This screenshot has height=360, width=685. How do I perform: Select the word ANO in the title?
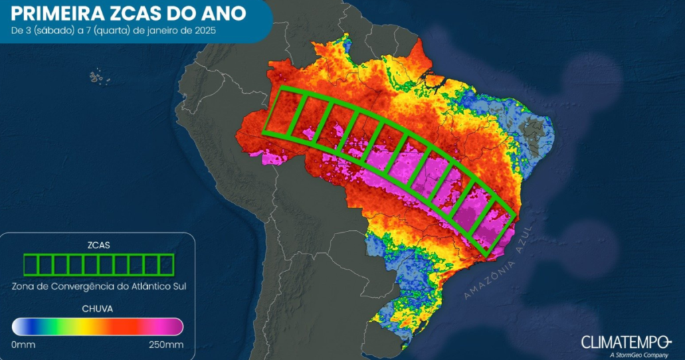click(224, 13)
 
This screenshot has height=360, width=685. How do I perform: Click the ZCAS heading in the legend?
click(98, 246)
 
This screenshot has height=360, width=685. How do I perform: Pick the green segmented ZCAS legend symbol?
click(98, 265)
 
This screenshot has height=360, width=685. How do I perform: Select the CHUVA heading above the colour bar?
click(98, 309)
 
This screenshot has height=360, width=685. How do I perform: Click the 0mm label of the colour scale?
click(24, 345)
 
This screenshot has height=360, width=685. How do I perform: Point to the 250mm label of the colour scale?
click(166, 345)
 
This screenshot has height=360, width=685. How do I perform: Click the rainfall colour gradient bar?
click(98, 327)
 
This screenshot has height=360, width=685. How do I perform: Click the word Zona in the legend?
click(24, 286)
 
